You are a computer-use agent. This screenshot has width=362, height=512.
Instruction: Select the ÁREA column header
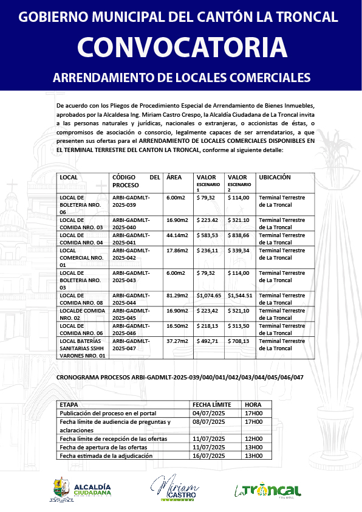click(174, 178)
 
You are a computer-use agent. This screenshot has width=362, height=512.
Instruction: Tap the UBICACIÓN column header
click(275, 178)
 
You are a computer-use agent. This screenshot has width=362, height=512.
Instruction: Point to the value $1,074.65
click(209, 295)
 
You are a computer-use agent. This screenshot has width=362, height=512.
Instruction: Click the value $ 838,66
click(239, 235)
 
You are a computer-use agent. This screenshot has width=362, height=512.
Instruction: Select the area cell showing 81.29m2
click(177, 295)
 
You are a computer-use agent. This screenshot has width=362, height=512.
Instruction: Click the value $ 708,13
click(239, 341)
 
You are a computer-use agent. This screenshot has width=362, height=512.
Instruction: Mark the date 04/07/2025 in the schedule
click(208, 412)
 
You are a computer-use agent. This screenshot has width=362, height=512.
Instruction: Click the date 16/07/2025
click(208, 455)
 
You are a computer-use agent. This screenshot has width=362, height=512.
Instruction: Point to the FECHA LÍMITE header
click(212, 404)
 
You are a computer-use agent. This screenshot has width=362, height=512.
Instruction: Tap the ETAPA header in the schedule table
click(69, 404)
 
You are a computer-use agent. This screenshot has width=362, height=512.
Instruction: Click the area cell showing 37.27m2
click(177, 341)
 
